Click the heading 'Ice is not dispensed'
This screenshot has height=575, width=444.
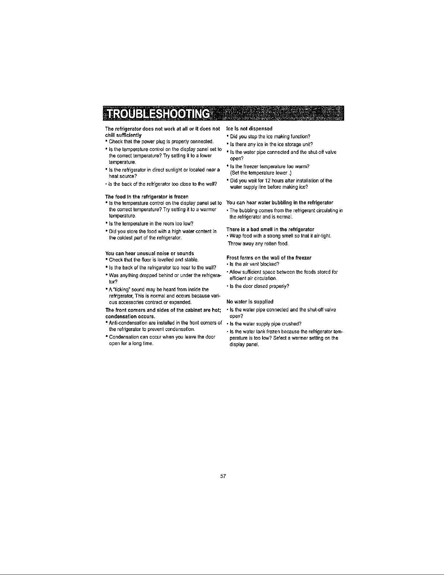[249, 129]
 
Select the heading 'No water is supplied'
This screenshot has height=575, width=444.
[250, 302]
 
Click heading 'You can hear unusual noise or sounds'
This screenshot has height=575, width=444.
[150, 253]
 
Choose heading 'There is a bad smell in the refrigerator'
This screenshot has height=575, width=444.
[270, 229]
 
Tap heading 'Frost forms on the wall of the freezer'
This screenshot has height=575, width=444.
[269, 258]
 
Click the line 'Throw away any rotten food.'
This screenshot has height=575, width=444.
[258, 244]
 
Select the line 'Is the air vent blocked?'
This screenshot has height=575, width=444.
[254, 264]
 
